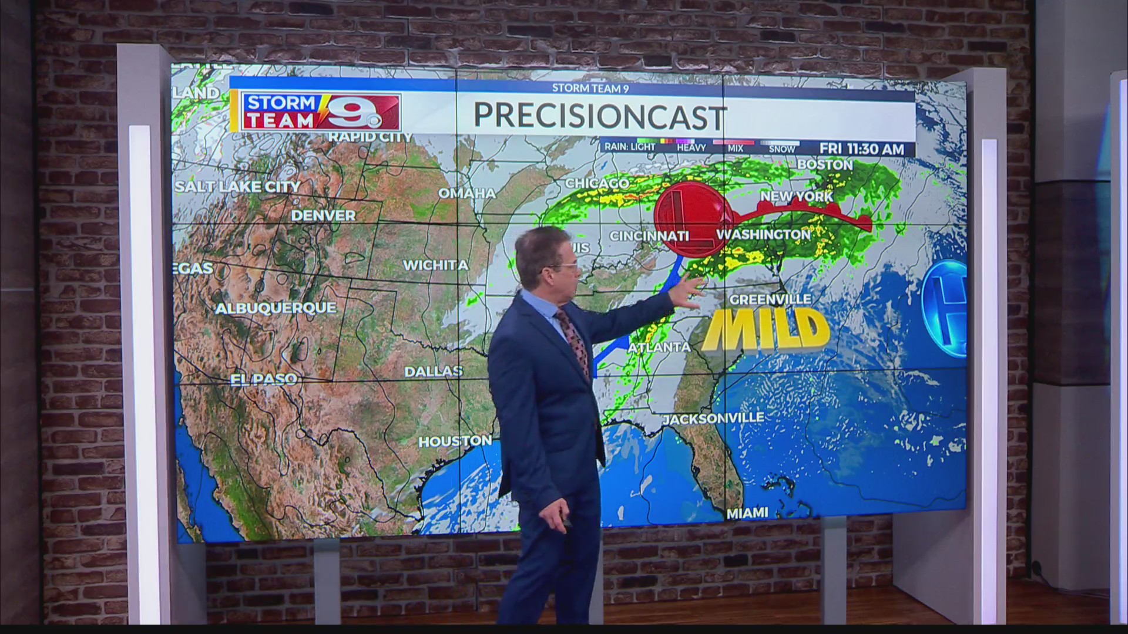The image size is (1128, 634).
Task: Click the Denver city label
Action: click(323, 215)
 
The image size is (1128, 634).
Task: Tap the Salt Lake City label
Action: click(237, 187)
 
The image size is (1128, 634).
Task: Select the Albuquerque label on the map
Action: click(276, 308)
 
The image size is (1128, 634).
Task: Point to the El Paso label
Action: click(263, 379)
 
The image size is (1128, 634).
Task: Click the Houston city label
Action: click(455, 441)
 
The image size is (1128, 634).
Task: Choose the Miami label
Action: click(747, 513)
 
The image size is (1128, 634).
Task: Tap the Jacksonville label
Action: click(713, 419)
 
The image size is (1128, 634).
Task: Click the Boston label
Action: click(824, 165)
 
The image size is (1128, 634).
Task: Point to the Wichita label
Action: click(435, 265)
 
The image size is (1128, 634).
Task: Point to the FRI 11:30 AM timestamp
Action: click(861, 149)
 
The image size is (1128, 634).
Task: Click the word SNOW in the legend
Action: click(781, 149)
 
